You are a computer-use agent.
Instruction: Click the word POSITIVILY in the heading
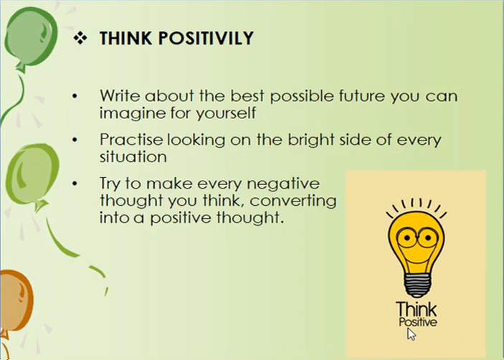point(206,38)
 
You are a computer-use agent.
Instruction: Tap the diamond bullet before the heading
point(80,38)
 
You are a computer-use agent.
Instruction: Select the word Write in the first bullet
point(120,95)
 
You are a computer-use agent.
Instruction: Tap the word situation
point(133,157)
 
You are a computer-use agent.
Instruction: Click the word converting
point(293,202)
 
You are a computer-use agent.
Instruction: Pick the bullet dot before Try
point(75,184)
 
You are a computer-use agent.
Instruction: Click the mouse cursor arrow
point(411,333)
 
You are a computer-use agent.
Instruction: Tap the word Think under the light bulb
point(416,309)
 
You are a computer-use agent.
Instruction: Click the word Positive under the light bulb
point(417,322)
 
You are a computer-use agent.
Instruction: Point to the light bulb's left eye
point(406,238)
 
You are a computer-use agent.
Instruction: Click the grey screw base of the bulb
point(417,285)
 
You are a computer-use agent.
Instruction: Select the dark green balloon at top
point(31,37)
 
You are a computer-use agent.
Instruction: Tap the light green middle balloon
point(32,175)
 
